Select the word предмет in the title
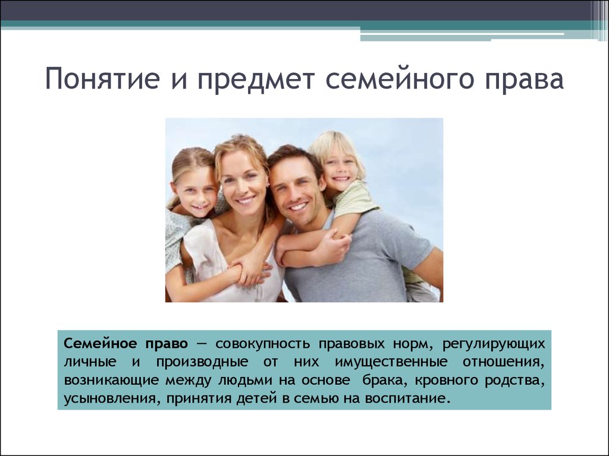click(x=256, y=80)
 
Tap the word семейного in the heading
click(x=400, y=80)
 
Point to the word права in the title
click(x=525, y=80)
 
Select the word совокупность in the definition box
click(x=263, y=344)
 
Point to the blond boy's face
click(x=340, y=167)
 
